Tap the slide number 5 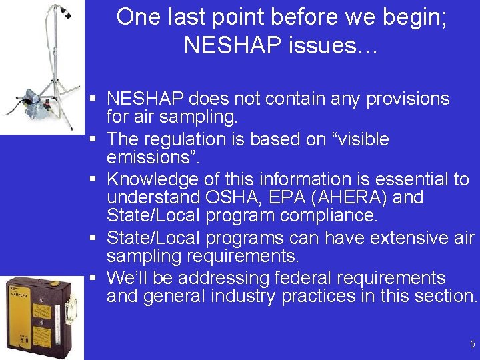pos(472,344)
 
